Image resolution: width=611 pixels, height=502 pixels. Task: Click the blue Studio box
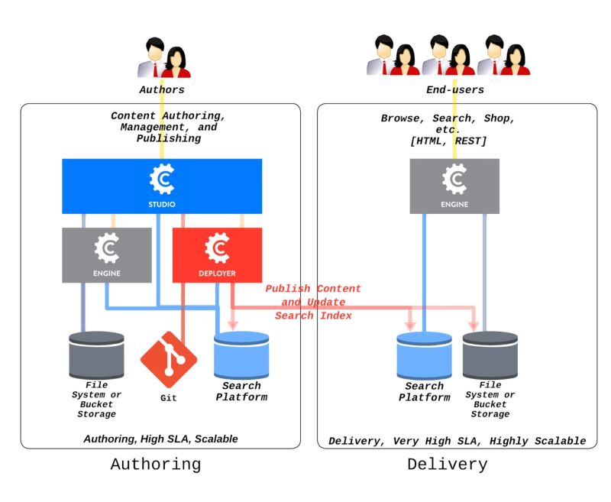(x=162, y=186)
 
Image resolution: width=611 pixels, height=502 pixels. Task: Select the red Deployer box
(x=218, y=254)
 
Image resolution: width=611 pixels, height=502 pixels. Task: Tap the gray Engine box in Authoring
(x=107, y=254)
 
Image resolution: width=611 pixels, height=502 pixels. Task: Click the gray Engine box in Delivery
(x=454, y=186)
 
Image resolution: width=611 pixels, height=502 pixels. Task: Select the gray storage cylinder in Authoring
(x=96, y=355)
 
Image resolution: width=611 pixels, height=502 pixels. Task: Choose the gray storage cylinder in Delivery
(x=490, y=355)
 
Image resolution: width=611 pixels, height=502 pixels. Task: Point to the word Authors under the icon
(x=162, y=89)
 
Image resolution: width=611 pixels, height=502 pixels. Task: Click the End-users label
(x=454, y=89)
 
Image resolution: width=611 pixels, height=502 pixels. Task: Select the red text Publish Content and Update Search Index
(x=313, y=302)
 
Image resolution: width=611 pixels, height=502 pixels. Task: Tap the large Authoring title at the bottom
(x=156, y=464)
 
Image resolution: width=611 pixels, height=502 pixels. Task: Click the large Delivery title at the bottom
(x=447, y=464)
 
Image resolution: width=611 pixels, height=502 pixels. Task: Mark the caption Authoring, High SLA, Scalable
(x=160, y=439)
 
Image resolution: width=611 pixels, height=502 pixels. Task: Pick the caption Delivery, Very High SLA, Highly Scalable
(x=457, y=441)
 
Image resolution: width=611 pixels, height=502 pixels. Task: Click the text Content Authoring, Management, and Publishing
(x=169, y=127)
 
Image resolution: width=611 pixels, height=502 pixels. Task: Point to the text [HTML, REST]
(x=448, y=141)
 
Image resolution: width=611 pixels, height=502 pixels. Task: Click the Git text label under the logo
(x=169, y=398)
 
